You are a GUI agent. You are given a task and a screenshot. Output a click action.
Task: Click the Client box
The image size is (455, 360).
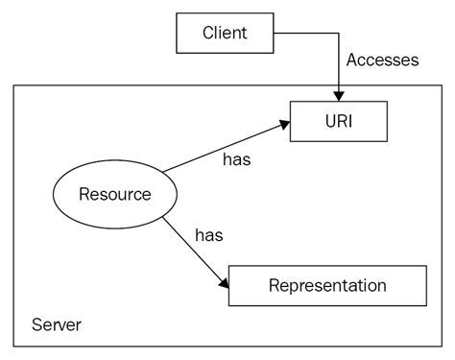225,34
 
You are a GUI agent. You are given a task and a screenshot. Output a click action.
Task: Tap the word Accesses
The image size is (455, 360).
382,60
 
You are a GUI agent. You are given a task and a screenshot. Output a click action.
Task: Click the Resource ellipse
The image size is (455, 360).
113,194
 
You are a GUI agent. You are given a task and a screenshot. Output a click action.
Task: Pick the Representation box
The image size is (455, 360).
326,285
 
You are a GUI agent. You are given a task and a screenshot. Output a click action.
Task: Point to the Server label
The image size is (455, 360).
56,324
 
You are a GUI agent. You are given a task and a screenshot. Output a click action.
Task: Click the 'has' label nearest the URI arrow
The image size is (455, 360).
235,159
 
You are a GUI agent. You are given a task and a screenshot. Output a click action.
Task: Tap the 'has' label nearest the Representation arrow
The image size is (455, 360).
209,234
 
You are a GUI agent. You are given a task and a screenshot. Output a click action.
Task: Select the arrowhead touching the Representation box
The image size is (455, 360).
223,284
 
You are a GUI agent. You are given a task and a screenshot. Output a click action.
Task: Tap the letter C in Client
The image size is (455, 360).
208,34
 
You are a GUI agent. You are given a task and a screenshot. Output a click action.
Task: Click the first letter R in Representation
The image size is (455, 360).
275,285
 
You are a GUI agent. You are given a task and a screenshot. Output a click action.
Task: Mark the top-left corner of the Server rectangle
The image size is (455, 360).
13,85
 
